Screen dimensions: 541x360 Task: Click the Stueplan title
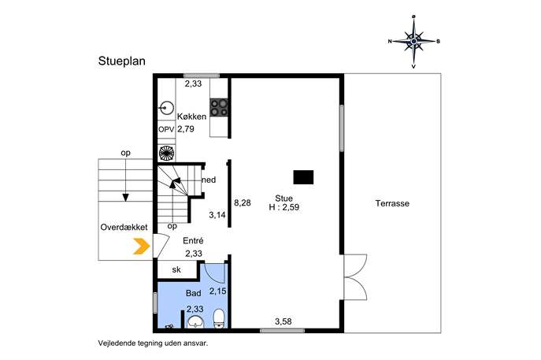122,61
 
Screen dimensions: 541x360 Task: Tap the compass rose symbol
413,42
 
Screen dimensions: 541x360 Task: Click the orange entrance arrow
142,247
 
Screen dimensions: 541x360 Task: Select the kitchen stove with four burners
219,107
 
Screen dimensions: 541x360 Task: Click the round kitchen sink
167,109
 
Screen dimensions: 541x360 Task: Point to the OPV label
166,129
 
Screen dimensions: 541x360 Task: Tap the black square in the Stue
303,177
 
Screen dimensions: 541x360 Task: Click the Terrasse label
392,203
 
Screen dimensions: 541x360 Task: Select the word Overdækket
124,227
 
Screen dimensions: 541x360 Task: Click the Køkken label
192,117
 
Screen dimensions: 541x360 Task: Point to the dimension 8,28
243,203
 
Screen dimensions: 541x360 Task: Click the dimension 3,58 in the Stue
283,321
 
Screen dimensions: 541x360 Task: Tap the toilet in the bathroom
219,318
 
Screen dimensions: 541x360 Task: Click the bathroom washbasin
195,321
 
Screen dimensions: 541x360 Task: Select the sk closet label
176,269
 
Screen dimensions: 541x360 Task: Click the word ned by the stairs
209,180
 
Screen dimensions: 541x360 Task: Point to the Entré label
193,241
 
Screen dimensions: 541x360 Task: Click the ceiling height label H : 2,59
284,207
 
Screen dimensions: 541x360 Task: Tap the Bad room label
193,293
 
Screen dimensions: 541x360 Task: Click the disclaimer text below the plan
154,343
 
